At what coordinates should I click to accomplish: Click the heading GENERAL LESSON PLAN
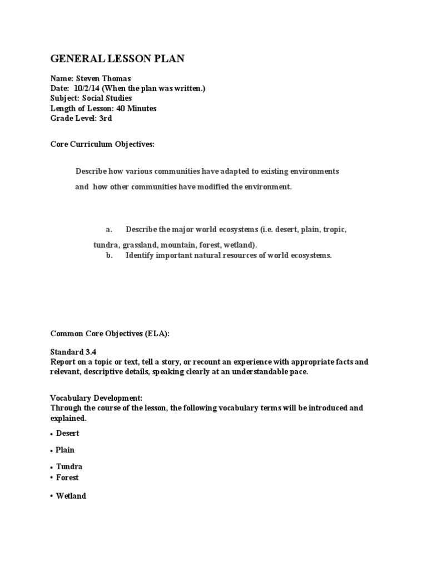pyautogui.click(x=117, y=58)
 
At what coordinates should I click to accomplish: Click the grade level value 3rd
pyautogui.click(x=105, y=117)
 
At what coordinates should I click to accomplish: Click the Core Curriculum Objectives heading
pyautogui.click(x=102, y=145)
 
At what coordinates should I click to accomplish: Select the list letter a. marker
pyautogui.click(x=110, y=229)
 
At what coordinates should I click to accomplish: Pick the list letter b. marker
pyautogui.click(x=110, y=255)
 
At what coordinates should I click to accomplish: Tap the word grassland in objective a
pyautogui.click(x=141, y=245)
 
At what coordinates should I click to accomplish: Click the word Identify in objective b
pyautogui.click(x=141, y=255)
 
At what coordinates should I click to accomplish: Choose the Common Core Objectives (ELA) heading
pyautogui.click(x=110, y=333)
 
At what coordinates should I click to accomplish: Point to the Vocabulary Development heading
pyautogui.click(x=96, y=399)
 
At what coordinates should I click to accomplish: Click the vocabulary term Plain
pyautogui.click(x=65, y=450)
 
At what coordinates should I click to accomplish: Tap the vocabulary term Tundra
pyautogui.click(x=69, y=467)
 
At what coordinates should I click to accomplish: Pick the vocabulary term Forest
pyautogui.click(x=67, y=478)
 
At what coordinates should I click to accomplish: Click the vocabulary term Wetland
pyautogui.click(x=71, y=495)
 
